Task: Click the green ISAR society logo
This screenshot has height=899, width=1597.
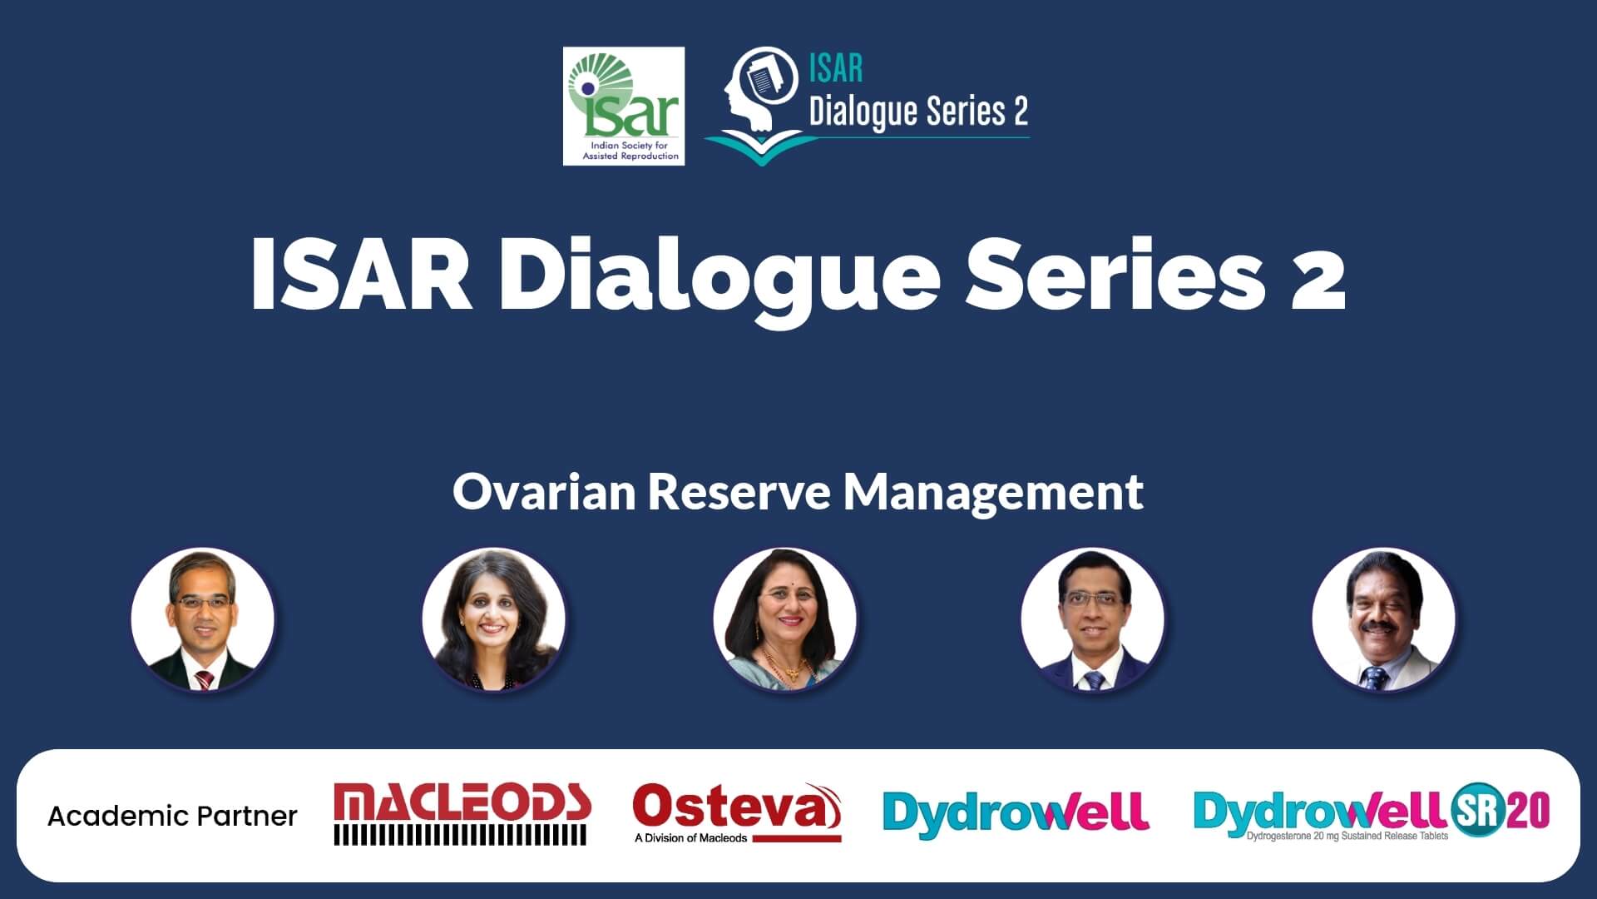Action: pyautogui.click(x=624, y=106)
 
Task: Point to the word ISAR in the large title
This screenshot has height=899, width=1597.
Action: pyautogui.click(x=361, y=274)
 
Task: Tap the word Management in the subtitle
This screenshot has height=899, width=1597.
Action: pyautogui.click(x=993, y=493)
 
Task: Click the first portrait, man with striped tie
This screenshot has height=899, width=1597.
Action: pyautogui.click(x=203, y=619)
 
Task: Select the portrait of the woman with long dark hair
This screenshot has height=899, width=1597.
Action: pyautogui.click(x=494, y=619)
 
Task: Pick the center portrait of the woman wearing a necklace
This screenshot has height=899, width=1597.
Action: pyautogui.click(x=785, y=619)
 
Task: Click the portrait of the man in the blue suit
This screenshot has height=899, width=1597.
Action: pyautogui.click(x=1093, y=619)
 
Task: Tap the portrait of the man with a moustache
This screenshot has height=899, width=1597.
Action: pyautogui.click(x=1384, y=619)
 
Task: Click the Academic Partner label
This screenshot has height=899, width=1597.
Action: pyautogui.click(x=172, y=816)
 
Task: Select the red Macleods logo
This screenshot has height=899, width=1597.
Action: pyautogui.click(x=462, y=813)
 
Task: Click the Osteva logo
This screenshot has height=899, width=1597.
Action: pyautogui.click(x=737, y=812)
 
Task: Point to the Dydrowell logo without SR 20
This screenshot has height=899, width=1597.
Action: pyautogui.click(x=1016, y=812)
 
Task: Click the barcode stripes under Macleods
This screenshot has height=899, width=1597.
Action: pyautogui.click(x=461, y=835)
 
